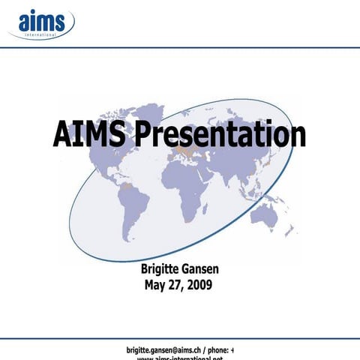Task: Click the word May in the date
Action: tap(156, 284)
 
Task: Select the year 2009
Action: tap(199, 284)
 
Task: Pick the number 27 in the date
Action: tap(175, 284)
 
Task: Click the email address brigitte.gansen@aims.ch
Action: tap(166, 349)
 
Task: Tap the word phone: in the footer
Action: tap(217, 349)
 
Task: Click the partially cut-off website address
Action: tap(180, 358)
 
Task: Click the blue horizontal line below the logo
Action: tap(180, 47)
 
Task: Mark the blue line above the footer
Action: tap(180, 338)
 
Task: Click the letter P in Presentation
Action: tap(145, 136)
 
